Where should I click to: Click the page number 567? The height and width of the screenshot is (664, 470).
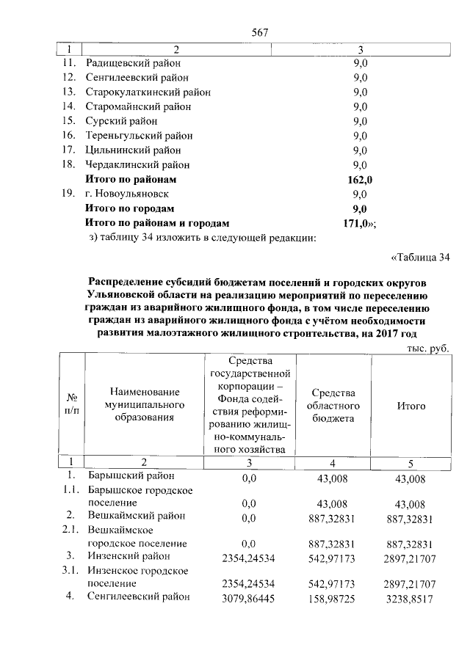tap(258, 33)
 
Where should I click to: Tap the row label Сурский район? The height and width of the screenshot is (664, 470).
tap(122, 121)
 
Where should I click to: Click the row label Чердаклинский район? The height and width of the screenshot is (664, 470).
tap(137, 165)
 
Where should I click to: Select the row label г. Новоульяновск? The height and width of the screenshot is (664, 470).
tap(127, 194)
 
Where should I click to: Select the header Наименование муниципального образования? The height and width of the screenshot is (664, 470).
tap(143, 406)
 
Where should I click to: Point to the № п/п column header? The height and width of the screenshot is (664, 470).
tap(71, 406)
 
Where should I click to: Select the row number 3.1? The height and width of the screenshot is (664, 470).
tap(70, 570)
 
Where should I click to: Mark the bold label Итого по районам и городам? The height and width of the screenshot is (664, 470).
tap(157, 223)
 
